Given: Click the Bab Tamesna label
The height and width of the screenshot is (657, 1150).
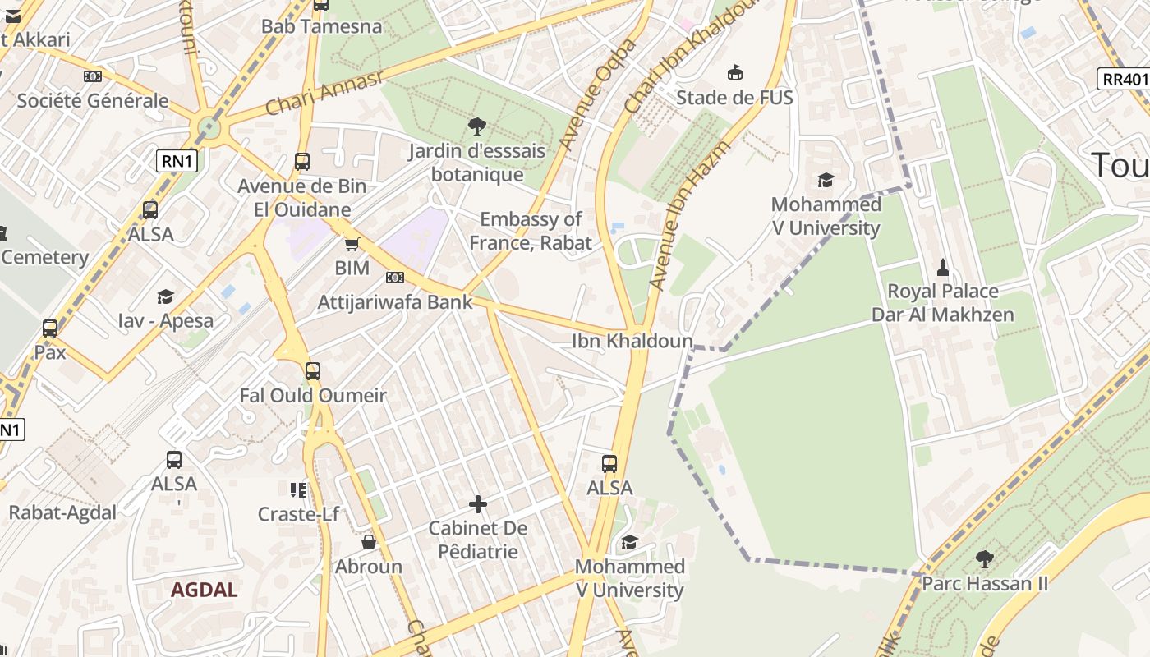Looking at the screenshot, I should pyautogui.click(x=321, y=26).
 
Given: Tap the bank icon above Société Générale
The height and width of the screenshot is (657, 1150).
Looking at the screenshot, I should pyautogui.click(x=93, y=76).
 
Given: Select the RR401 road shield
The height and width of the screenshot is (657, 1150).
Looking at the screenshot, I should pyautogui.click(x=1123, y=79).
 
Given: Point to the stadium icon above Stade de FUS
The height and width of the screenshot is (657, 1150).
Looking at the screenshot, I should pyautogui.click(x=734, y=73).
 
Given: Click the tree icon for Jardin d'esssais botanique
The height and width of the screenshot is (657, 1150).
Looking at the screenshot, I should pyautogui.click(x=476, y=126).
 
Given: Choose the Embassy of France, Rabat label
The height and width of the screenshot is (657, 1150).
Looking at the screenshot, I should pyautogui.click(x=531, y=231).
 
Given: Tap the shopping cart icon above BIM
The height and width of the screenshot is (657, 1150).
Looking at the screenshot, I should pyautogui.click(x=352, y=244).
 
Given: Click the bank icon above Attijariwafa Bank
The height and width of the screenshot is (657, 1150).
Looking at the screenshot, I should pyautogui.click(x=395, y=278).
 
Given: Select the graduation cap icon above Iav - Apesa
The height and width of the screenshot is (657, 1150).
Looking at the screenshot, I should pyautogui.click(x=166, y=296).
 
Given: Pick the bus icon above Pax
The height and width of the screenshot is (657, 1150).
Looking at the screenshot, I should pyautogui.click(x=50, y=328).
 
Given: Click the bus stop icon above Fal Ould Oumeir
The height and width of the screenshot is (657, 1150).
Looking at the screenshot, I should pyautogui.click(x=313, y=371).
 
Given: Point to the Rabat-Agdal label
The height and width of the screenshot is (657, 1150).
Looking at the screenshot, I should pyautogui.click(x=62, y=512).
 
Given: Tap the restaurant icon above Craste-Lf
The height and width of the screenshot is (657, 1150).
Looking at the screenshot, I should pyautogui.click(x=298, y=490).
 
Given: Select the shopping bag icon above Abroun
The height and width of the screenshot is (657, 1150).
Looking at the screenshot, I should pyautogui.click(x=369, y=542).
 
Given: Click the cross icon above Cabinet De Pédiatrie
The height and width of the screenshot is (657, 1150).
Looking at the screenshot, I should pyautogui.click(x=478, y=503).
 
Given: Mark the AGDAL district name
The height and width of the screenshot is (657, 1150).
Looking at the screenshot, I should pyautogui.click(x=204, y=590).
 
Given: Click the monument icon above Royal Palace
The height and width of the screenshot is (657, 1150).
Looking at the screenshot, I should pyautogui.click(x=942, y=267).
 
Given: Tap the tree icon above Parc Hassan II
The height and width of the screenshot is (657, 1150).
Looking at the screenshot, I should pyautogui.click(x=984, y=560).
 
